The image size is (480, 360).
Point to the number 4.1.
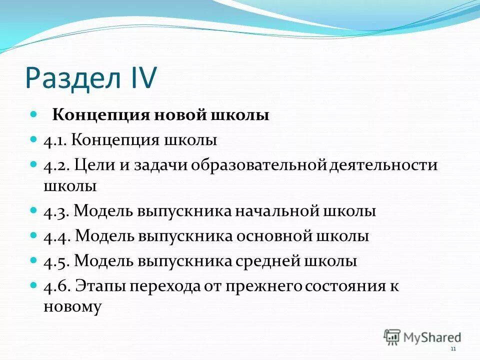pos(55,140)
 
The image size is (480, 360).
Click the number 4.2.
pos(55,165)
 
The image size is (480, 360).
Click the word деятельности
pos(383,165)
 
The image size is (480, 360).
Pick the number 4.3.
pos(56,211)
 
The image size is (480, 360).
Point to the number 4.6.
pos(56,286)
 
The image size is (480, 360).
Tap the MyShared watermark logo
pos(422,336)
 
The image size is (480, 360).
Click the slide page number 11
pos(453,349)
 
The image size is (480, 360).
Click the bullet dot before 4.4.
pos(34,234)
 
